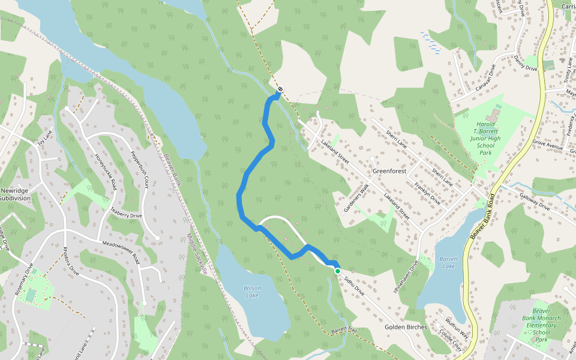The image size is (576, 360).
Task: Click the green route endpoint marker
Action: coord(338,271)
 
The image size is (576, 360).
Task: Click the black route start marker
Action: coord(280,89)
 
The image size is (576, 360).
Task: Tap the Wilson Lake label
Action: coord(252,292)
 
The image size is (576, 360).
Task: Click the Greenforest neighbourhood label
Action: coord(389,171)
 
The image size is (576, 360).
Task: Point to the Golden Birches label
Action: coord(406,327)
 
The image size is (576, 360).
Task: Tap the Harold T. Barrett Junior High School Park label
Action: coord(485,139)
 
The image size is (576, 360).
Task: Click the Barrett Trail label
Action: coord(344,331)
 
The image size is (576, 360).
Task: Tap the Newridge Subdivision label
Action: coord(14,194)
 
